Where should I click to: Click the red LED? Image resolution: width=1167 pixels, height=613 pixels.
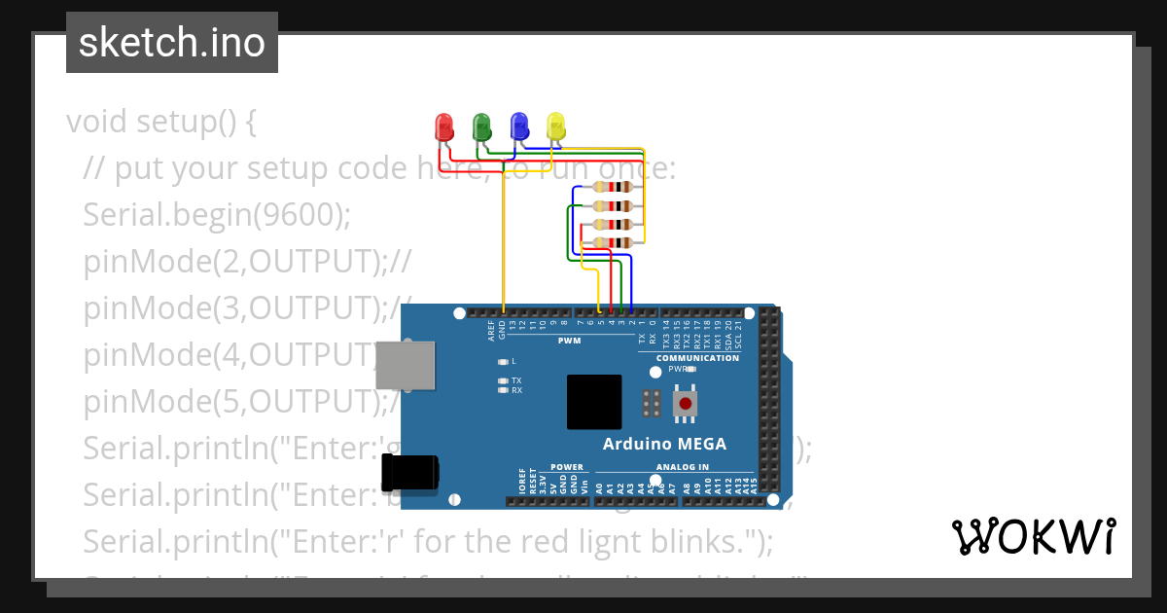pos(443,126)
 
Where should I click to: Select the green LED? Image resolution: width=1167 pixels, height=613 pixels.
pos(480,126)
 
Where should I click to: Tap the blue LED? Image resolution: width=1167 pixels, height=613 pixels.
pos(518,126)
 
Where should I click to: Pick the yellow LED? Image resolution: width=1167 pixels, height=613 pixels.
pos(555,126)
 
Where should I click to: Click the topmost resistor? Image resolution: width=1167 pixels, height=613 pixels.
pos(614,187)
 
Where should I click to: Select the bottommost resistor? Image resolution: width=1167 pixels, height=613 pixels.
pos(614,242)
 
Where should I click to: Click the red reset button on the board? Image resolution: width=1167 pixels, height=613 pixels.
pos(686,403)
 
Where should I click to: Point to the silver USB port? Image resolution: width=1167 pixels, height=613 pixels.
pos(406,365)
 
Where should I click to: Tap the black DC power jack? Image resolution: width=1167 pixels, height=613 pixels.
pos(409,472)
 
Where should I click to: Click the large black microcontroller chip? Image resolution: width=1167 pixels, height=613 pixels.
pos(594,402)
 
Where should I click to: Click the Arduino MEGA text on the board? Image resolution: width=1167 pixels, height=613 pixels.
pos(664,445)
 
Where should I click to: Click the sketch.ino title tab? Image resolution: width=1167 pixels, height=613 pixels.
pos(172,43)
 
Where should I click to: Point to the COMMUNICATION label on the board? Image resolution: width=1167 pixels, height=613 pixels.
pos(697,358)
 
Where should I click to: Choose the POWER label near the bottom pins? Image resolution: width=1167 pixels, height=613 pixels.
pos(566,467)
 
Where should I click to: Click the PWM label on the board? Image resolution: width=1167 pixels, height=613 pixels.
pos(569,341)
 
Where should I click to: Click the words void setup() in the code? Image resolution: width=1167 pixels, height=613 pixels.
pos(161,122)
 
